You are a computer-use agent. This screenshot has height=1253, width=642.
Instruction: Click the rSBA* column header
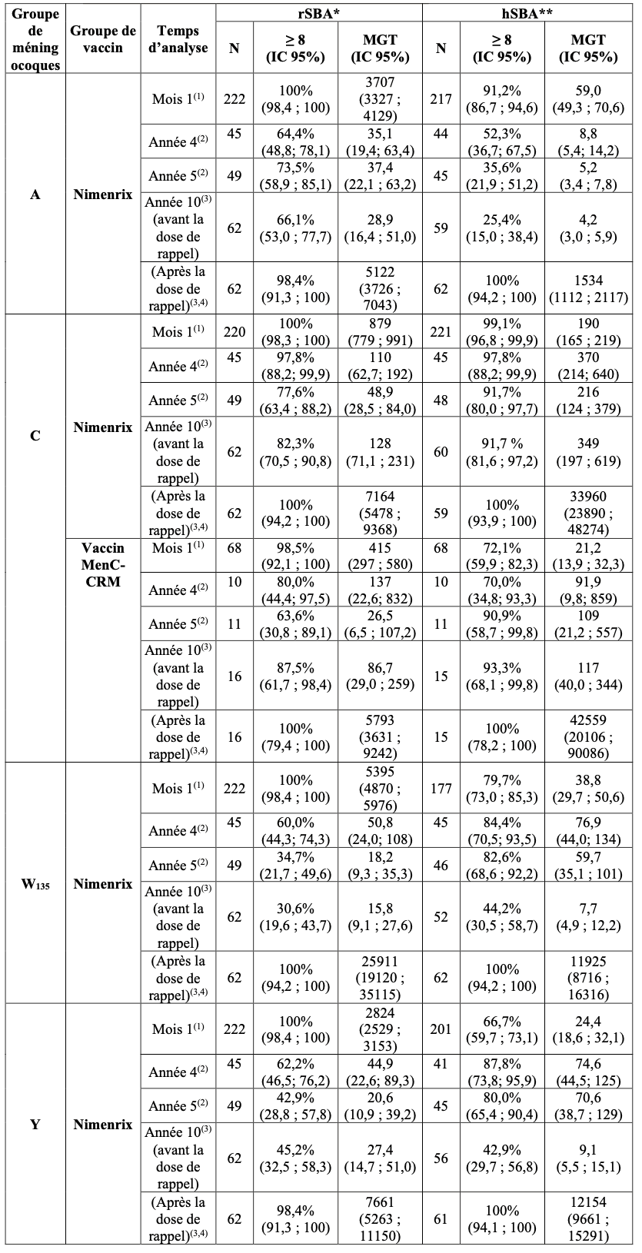pos(319,12)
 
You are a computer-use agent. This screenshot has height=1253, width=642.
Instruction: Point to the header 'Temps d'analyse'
pos(178,39)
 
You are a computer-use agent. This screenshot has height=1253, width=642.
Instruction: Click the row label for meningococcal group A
pos(35,194)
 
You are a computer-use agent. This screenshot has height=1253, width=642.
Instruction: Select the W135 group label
pos(35,883)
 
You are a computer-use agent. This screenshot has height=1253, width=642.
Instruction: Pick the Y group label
pos(35,1125)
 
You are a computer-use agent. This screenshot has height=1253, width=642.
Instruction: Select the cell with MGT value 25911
pos(380,978)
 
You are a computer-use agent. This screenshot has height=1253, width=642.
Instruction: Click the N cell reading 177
pos(441,789)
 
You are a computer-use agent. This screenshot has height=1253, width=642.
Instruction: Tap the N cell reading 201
pos(441,1029)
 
